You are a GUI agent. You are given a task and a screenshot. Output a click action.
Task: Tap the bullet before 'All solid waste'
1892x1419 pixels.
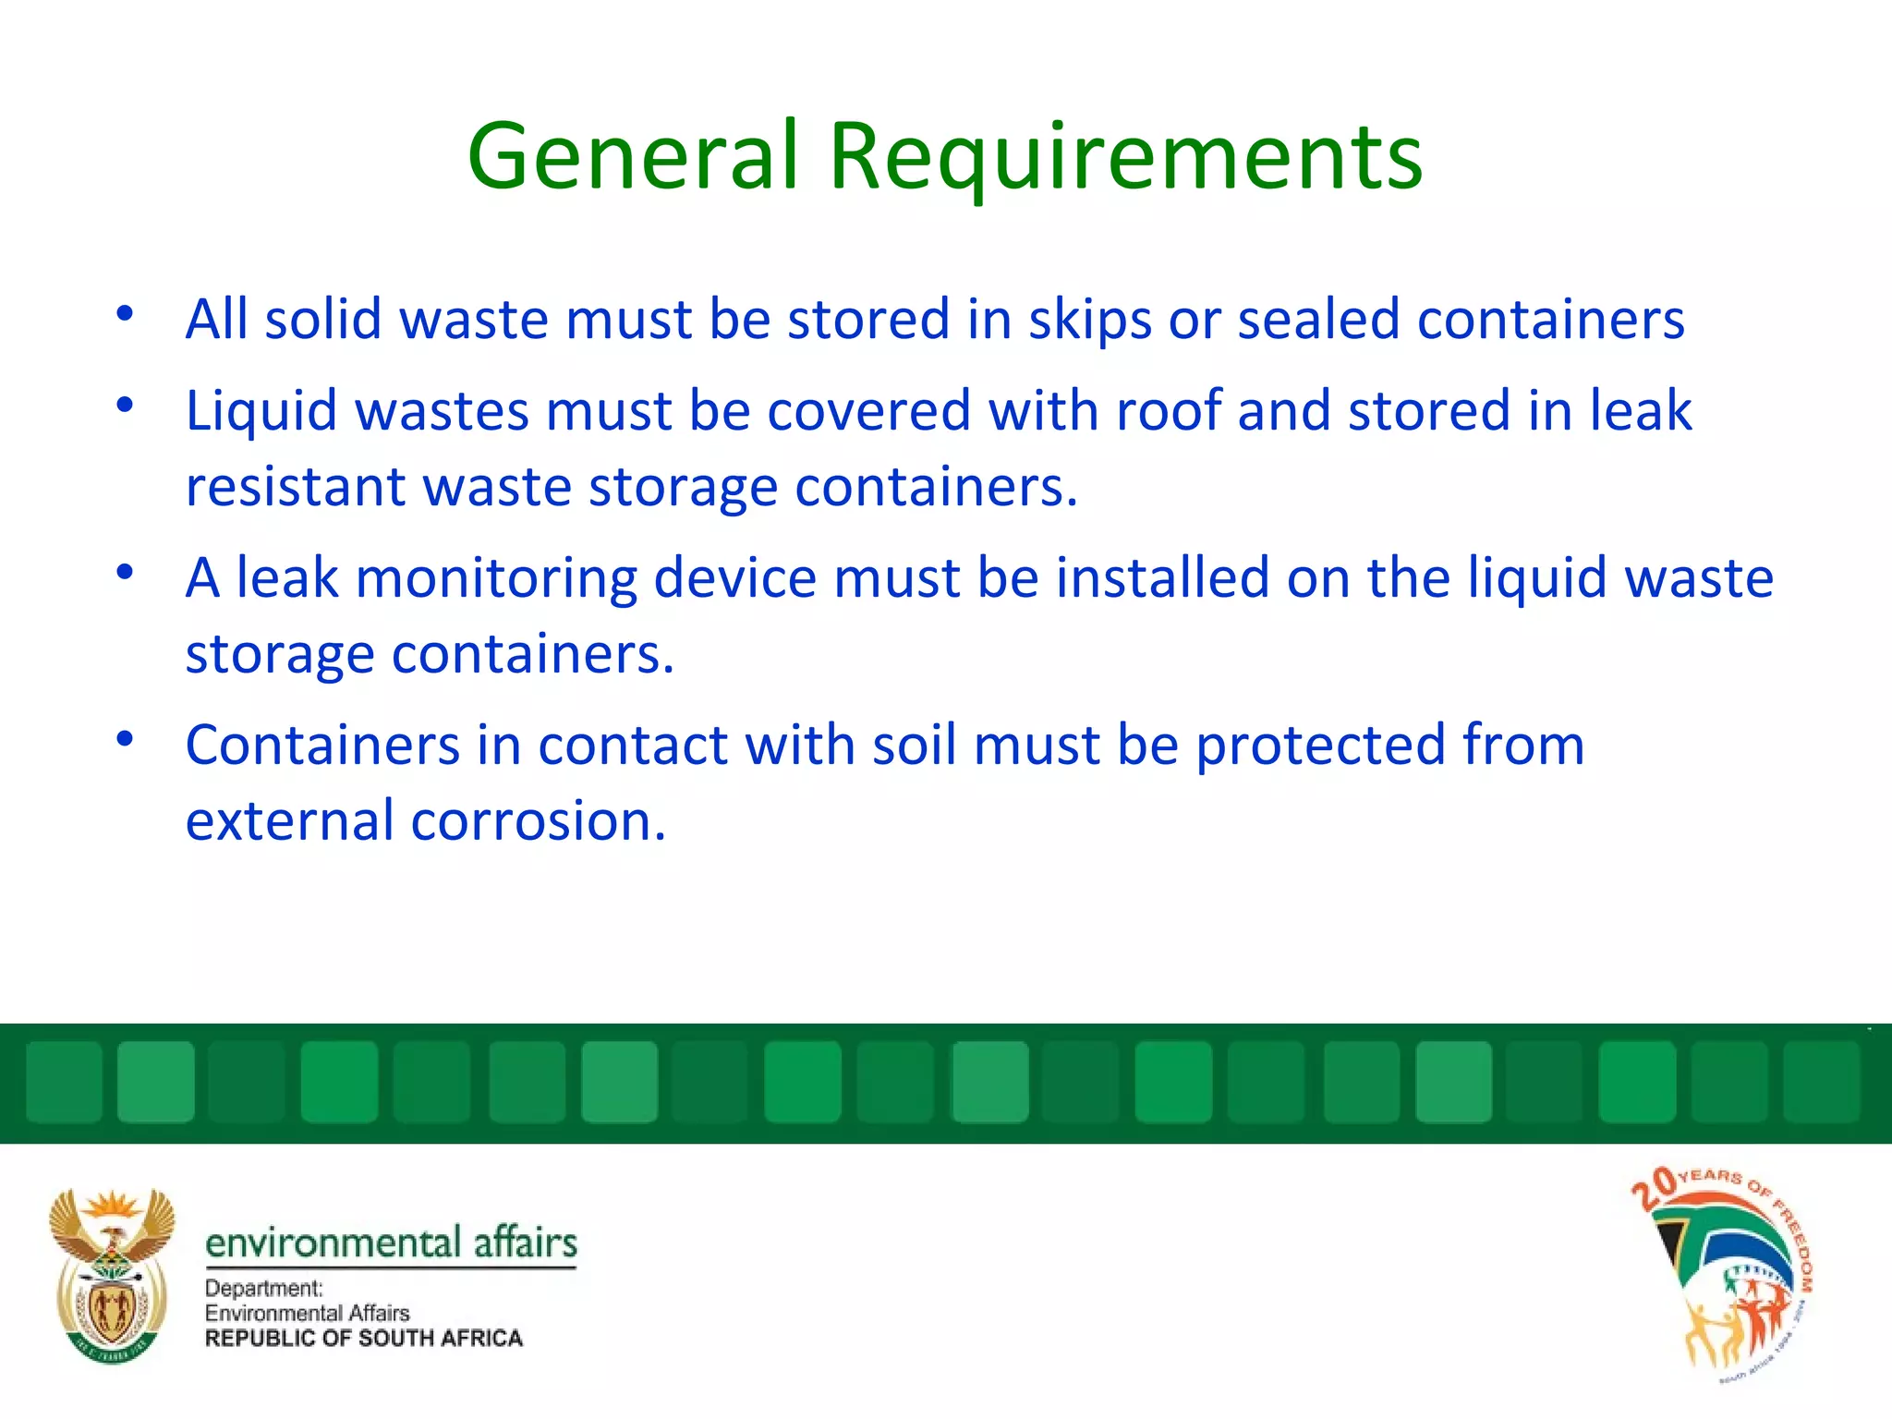[x=126, y=312]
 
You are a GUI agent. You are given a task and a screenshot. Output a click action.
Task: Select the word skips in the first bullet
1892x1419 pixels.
[x=1089, y=320]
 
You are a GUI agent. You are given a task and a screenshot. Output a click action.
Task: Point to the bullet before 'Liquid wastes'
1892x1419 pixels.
[x=126, y=404]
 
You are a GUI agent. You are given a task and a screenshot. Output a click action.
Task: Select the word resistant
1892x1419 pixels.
[x=295, y=487]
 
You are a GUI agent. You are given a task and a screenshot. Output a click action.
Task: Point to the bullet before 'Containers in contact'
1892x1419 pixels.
[x=126, y=738]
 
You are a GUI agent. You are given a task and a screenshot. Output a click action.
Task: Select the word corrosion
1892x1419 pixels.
[x=537, y=821]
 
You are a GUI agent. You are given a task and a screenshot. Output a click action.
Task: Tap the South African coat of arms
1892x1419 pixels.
[x=112, y=1276]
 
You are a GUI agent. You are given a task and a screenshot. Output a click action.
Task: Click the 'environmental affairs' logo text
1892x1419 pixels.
[x=391, y=1243]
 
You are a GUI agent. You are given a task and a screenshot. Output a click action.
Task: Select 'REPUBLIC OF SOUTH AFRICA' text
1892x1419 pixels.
[x=363, y=1339]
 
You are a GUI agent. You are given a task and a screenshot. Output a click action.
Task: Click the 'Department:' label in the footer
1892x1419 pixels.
[x=263, y=1288]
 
